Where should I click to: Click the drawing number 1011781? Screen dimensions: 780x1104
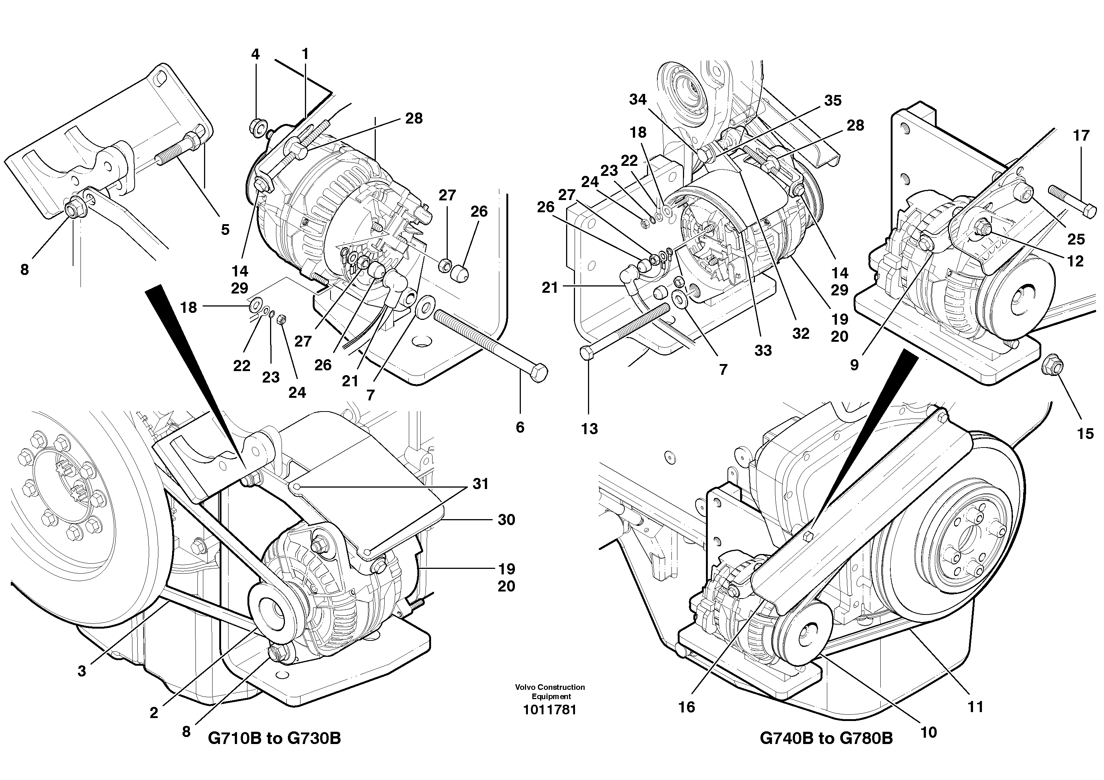coord(550,710)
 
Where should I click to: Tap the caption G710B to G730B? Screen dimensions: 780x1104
coord(274,738)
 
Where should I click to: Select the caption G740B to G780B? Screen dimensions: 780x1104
coord(826,738)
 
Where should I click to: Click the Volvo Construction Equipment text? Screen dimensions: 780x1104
coord(550,692)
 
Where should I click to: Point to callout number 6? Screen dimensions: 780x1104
coord(520,427)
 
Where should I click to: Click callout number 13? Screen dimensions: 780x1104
coord(589,429)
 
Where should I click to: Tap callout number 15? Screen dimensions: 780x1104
coord(1085,434)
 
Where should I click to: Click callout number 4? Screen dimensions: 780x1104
coord(255,54)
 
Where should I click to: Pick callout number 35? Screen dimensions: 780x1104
coord(833,101)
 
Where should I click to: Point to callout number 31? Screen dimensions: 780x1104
coord(480,484)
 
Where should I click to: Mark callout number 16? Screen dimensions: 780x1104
coord(687,707)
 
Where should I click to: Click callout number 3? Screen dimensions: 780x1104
coord(82,671)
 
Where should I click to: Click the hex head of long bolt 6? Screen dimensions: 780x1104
coord(539,373)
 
